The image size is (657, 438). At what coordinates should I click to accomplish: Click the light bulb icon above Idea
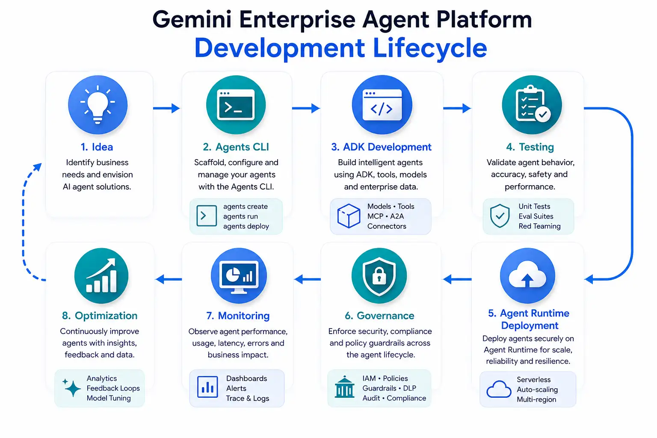pyautogui.click(x=98, y=105)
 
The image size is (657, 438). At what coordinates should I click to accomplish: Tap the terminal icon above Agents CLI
pyautogui.click(x=236, y=105)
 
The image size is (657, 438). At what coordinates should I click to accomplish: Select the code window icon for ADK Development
pyautogui.click(x=382, y=105)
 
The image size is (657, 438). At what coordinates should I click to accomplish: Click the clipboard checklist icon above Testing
pyautogui.click(x=532, y=105)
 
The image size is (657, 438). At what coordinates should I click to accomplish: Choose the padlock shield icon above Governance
pyautogui.click(x=379, y=276)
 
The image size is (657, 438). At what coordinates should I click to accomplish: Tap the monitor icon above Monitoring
pyautogui.click(x=239, y=276)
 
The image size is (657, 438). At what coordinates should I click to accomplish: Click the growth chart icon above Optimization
pyautogui.click(x=101, y=276)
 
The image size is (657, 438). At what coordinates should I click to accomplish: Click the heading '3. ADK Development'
pyautogui.click(x=381, y=147)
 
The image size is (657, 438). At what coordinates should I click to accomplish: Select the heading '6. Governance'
pyautogui.click(x=379, y=316)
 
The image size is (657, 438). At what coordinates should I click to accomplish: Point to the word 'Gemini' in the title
pyautogui.click(x=192, y=20)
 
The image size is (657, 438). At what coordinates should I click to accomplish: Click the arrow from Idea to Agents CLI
pyautogui.click(x=166, y=108)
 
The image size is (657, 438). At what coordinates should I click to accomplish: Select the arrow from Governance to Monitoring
pyautogui.click(x=308, y=279)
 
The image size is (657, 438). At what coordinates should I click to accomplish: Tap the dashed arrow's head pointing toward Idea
pyautogui.click(x=38, y=167)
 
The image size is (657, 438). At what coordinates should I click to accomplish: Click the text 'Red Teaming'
pyautogui.click(x=539, y=226)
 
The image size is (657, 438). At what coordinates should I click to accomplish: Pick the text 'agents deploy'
pyautogui.click(x=246, y=226)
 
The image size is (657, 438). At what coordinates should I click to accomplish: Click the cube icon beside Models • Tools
pyautogui.click(x=349, y=216)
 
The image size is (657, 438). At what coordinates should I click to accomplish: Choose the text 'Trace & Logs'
pyautogui.click(x=248, y=398)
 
